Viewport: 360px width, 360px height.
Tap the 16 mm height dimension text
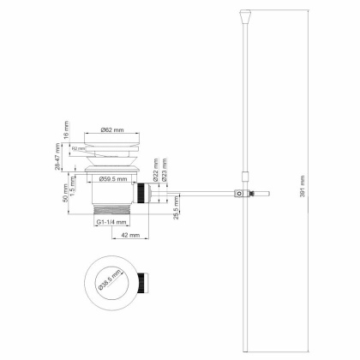point(66,131)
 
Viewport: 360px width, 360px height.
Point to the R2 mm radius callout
point(79,147)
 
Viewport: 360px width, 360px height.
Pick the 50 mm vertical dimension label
point(66,196)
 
